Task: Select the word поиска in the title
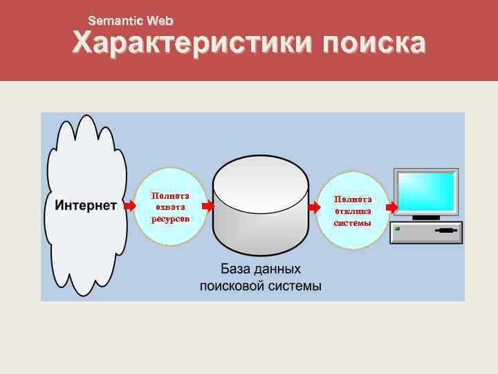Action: pos(373,44)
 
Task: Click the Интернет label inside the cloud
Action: pos(86,206)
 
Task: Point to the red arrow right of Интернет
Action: pos(129,206)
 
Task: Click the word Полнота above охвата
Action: pos(169,195)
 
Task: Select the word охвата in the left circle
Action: pos(169,206)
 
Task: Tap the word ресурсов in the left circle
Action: pos(169,218)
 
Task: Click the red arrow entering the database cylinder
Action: pos(207,206)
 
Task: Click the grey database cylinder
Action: pos(260,208)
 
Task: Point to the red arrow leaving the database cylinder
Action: pos(314,206)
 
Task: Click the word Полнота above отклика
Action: pos(353,199)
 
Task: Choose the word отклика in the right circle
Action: pos(353,211)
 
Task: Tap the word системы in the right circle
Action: pos(353,222)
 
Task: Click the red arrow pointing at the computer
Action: pos(391,206)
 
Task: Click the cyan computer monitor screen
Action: pos(426,192)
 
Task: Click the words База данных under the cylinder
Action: pos(261,269)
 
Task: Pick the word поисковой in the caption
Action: pos(230,285)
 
